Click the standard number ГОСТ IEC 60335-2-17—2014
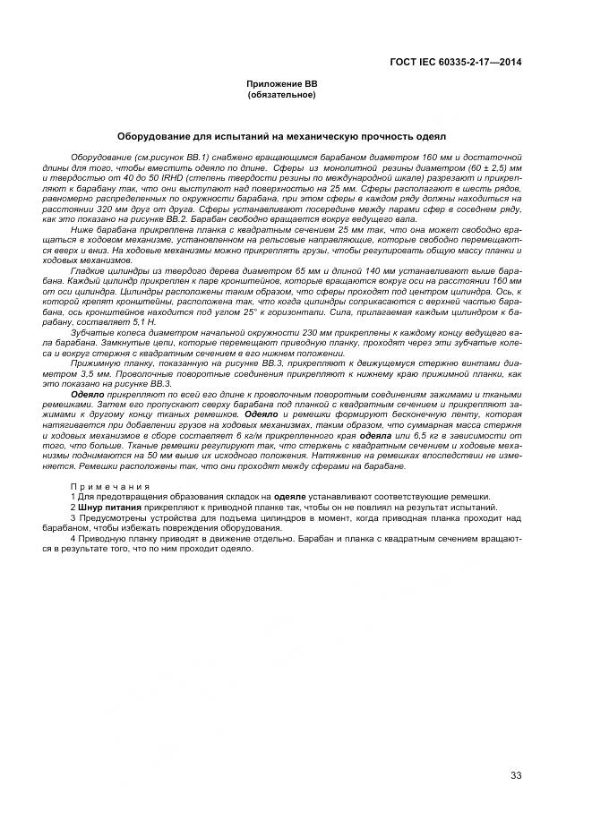(456, 62)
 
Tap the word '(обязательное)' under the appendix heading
(282, 93)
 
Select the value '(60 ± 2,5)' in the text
(475, 167)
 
